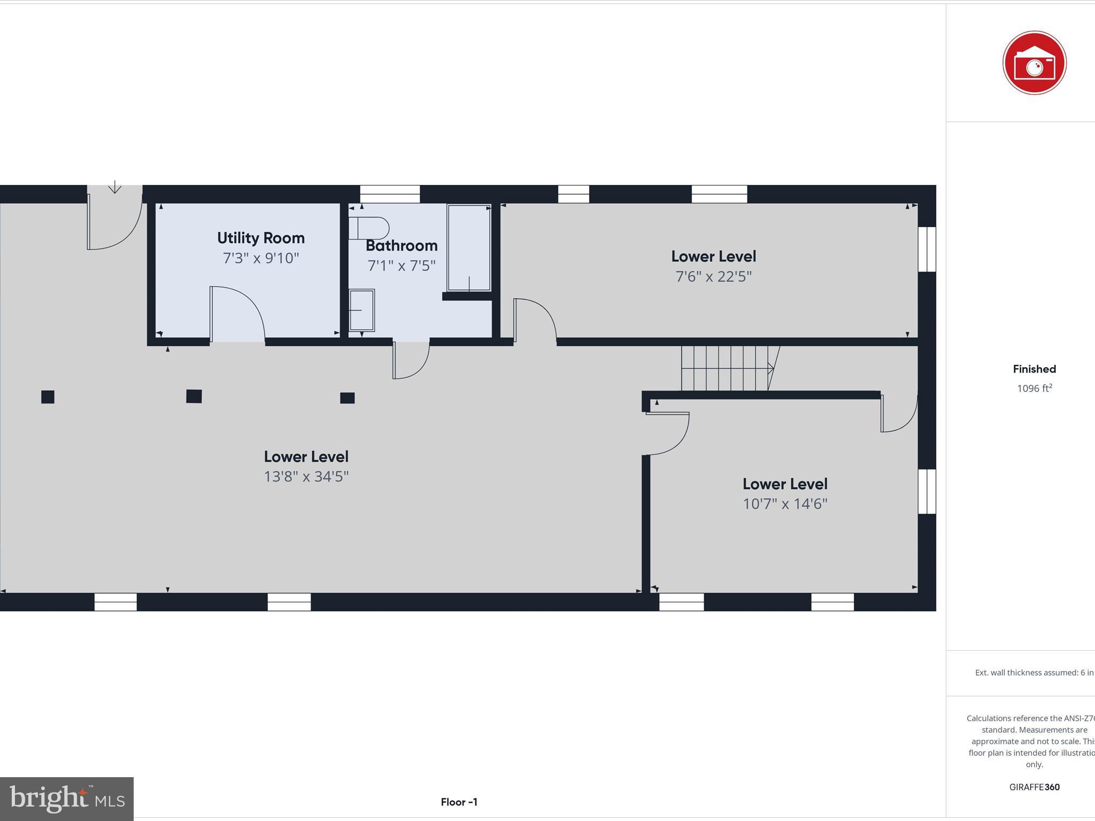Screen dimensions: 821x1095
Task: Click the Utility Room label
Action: (260, 238)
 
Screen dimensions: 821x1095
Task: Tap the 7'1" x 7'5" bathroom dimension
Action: (401, 266)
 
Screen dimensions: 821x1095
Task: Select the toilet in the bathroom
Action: (369, 228)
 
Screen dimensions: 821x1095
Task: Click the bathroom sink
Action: (361, 310)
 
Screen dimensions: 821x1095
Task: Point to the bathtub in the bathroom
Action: (469, 247)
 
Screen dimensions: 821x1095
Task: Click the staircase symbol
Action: (727, 368)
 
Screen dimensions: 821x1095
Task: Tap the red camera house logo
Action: (1034, 63)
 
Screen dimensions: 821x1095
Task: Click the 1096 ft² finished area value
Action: (1034, 389)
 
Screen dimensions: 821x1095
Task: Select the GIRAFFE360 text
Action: (1034, 787)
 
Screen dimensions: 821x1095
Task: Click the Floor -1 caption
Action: (459, 802)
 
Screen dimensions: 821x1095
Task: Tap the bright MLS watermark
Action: (67, 799)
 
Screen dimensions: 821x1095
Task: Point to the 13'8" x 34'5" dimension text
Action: (306, 476)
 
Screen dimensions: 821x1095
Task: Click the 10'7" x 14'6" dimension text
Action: (784, 504)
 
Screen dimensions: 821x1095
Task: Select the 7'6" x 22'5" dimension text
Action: (713, 276)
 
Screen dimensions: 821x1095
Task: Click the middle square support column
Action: (194, 396)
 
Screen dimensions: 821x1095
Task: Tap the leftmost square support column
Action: (48, 397)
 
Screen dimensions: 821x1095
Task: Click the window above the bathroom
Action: (389, 193)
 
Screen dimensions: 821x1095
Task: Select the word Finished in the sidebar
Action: (1034, 369)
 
